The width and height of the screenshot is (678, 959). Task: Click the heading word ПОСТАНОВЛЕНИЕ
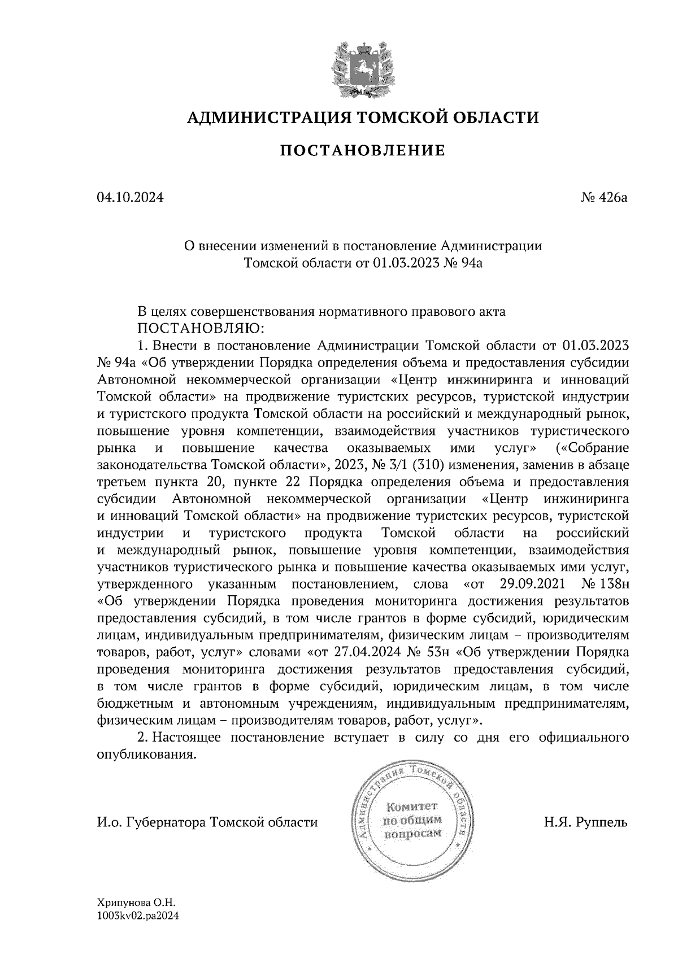point(363,151)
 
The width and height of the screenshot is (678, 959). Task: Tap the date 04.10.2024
point(130,198)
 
